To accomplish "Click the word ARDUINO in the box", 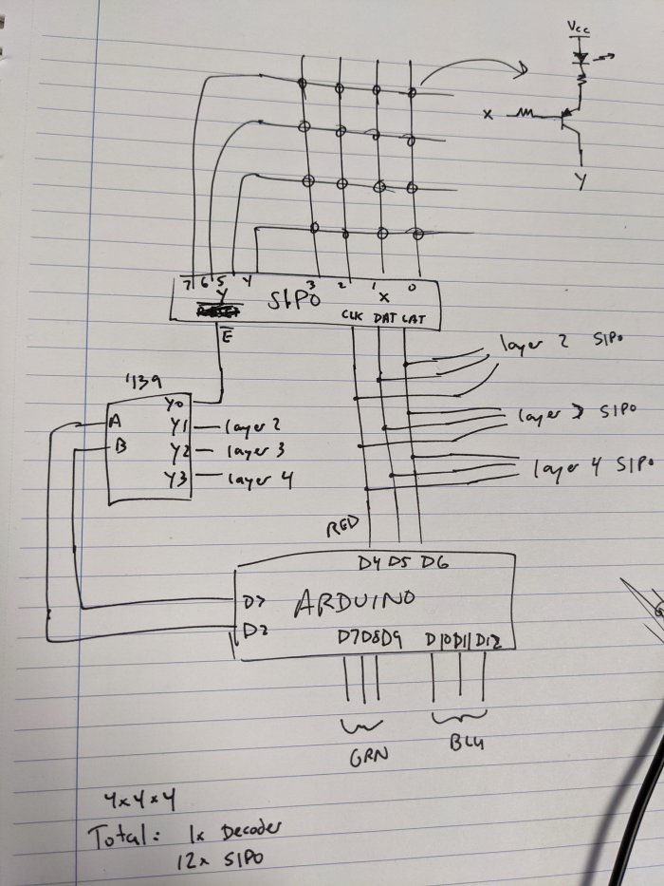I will [x=357, y=602].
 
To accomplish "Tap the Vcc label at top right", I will [x=577, y=29].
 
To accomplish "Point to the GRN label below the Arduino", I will [x=362, y=759].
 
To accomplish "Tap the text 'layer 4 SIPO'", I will [x=594, y=467].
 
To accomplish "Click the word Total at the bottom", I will [x=120, y=838].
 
